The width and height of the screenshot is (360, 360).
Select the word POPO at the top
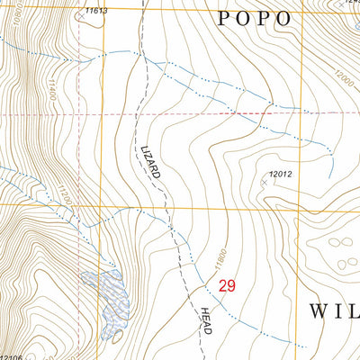[255, 19]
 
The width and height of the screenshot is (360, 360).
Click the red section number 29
[228, 285]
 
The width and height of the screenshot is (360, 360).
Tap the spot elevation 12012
[281, 174]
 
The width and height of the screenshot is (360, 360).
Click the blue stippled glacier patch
[106, 301]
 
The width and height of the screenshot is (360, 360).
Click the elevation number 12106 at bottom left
[11, 356]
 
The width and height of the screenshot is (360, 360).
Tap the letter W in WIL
[319, 311]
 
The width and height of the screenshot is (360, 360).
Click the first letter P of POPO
[227, 19]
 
